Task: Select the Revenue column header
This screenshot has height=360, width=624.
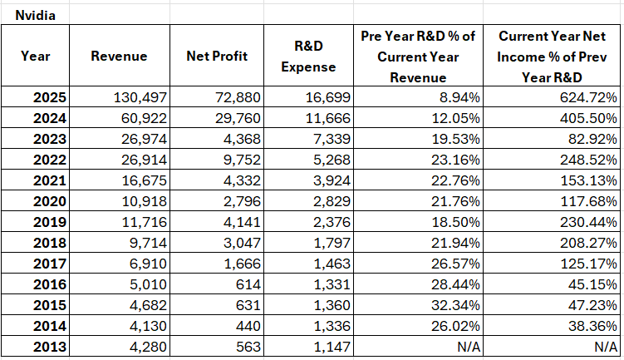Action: pyautogui.click(x=119, y=56)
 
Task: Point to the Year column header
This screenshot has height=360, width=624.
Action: pyautogui.click(x=35, y=56)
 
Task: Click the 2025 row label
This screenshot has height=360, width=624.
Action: pyautogui.click(x=48, y=97)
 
